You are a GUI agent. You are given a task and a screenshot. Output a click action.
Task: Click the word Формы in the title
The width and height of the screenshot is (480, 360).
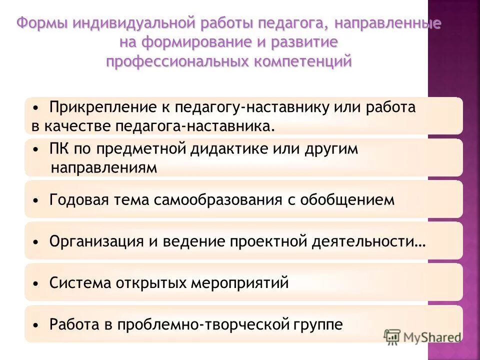41,24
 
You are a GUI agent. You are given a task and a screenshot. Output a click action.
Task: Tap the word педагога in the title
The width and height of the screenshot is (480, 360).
291,24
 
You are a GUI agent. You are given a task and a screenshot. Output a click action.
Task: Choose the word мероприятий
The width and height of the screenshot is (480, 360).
239,283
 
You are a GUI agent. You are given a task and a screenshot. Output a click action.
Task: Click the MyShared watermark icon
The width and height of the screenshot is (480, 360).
392,337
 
